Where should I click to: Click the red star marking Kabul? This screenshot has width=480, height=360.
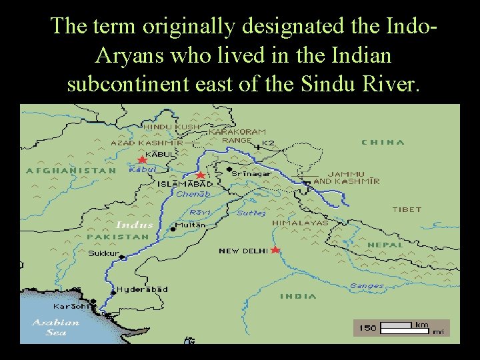pos(141,160)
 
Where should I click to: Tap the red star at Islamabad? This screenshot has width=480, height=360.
pos(200,175)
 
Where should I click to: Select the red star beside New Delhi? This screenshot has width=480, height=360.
pos(275,250)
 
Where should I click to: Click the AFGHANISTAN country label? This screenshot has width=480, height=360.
pos(71,171)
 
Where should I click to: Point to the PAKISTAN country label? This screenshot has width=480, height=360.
pos(117,237)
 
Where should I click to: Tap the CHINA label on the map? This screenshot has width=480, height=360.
pos(383,142)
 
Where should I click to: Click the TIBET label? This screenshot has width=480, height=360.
pos(407,209)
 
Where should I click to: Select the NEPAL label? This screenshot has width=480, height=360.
pos(385,245)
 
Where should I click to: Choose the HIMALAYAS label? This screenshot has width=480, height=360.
pos(300,223)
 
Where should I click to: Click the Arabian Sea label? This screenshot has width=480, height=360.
pos(56,327)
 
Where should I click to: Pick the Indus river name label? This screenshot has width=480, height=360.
pos(134,225)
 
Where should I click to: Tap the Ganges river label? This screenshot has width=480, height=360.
pos(367,286)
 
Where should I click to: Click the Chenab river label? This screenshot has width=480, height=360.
pos(193,194)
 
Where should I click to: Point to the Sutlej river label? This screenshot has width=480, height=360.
pos(251,213)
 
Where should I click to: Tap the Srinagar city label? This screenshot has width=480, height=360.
pos(251,173)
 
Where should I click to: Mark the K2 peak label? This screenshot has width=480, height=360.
pos(268,143)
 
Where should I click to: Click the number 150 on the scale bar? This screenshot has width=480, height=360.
pos(368,327)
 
